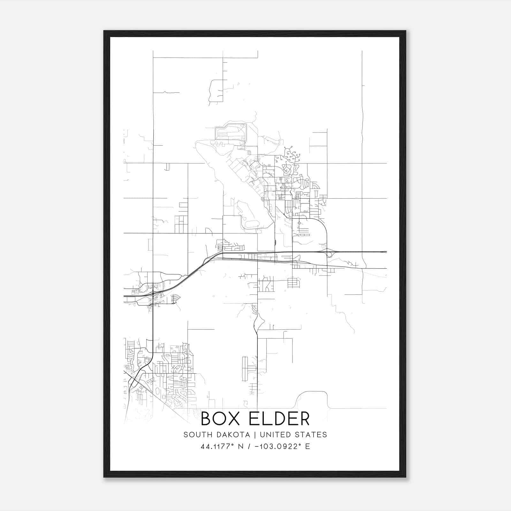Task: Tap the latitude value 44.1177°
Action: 215,446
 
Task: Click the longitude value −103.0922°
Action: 275,446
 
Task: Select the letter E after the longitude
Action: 308,446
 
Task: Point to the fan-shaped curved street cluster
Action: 175,299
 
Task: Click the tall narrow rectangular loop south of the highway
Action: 245,369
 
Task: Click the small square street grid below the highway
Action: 293,283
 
